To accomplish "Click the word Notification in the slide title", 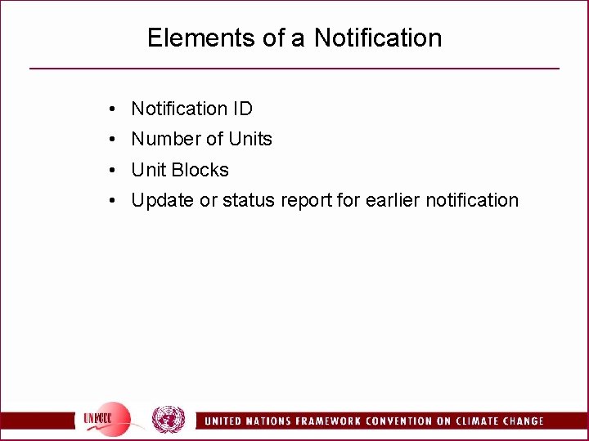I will [378, 38].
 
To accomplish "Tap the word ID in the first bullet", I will [241, 109].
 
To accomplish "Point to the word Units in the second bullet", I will [250, 140].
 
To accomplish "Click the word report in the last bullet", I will [307, 201].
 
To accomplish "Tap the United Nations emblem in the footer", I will [169, 420].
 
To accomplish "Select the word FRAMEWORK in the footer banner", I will [315, 421].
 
